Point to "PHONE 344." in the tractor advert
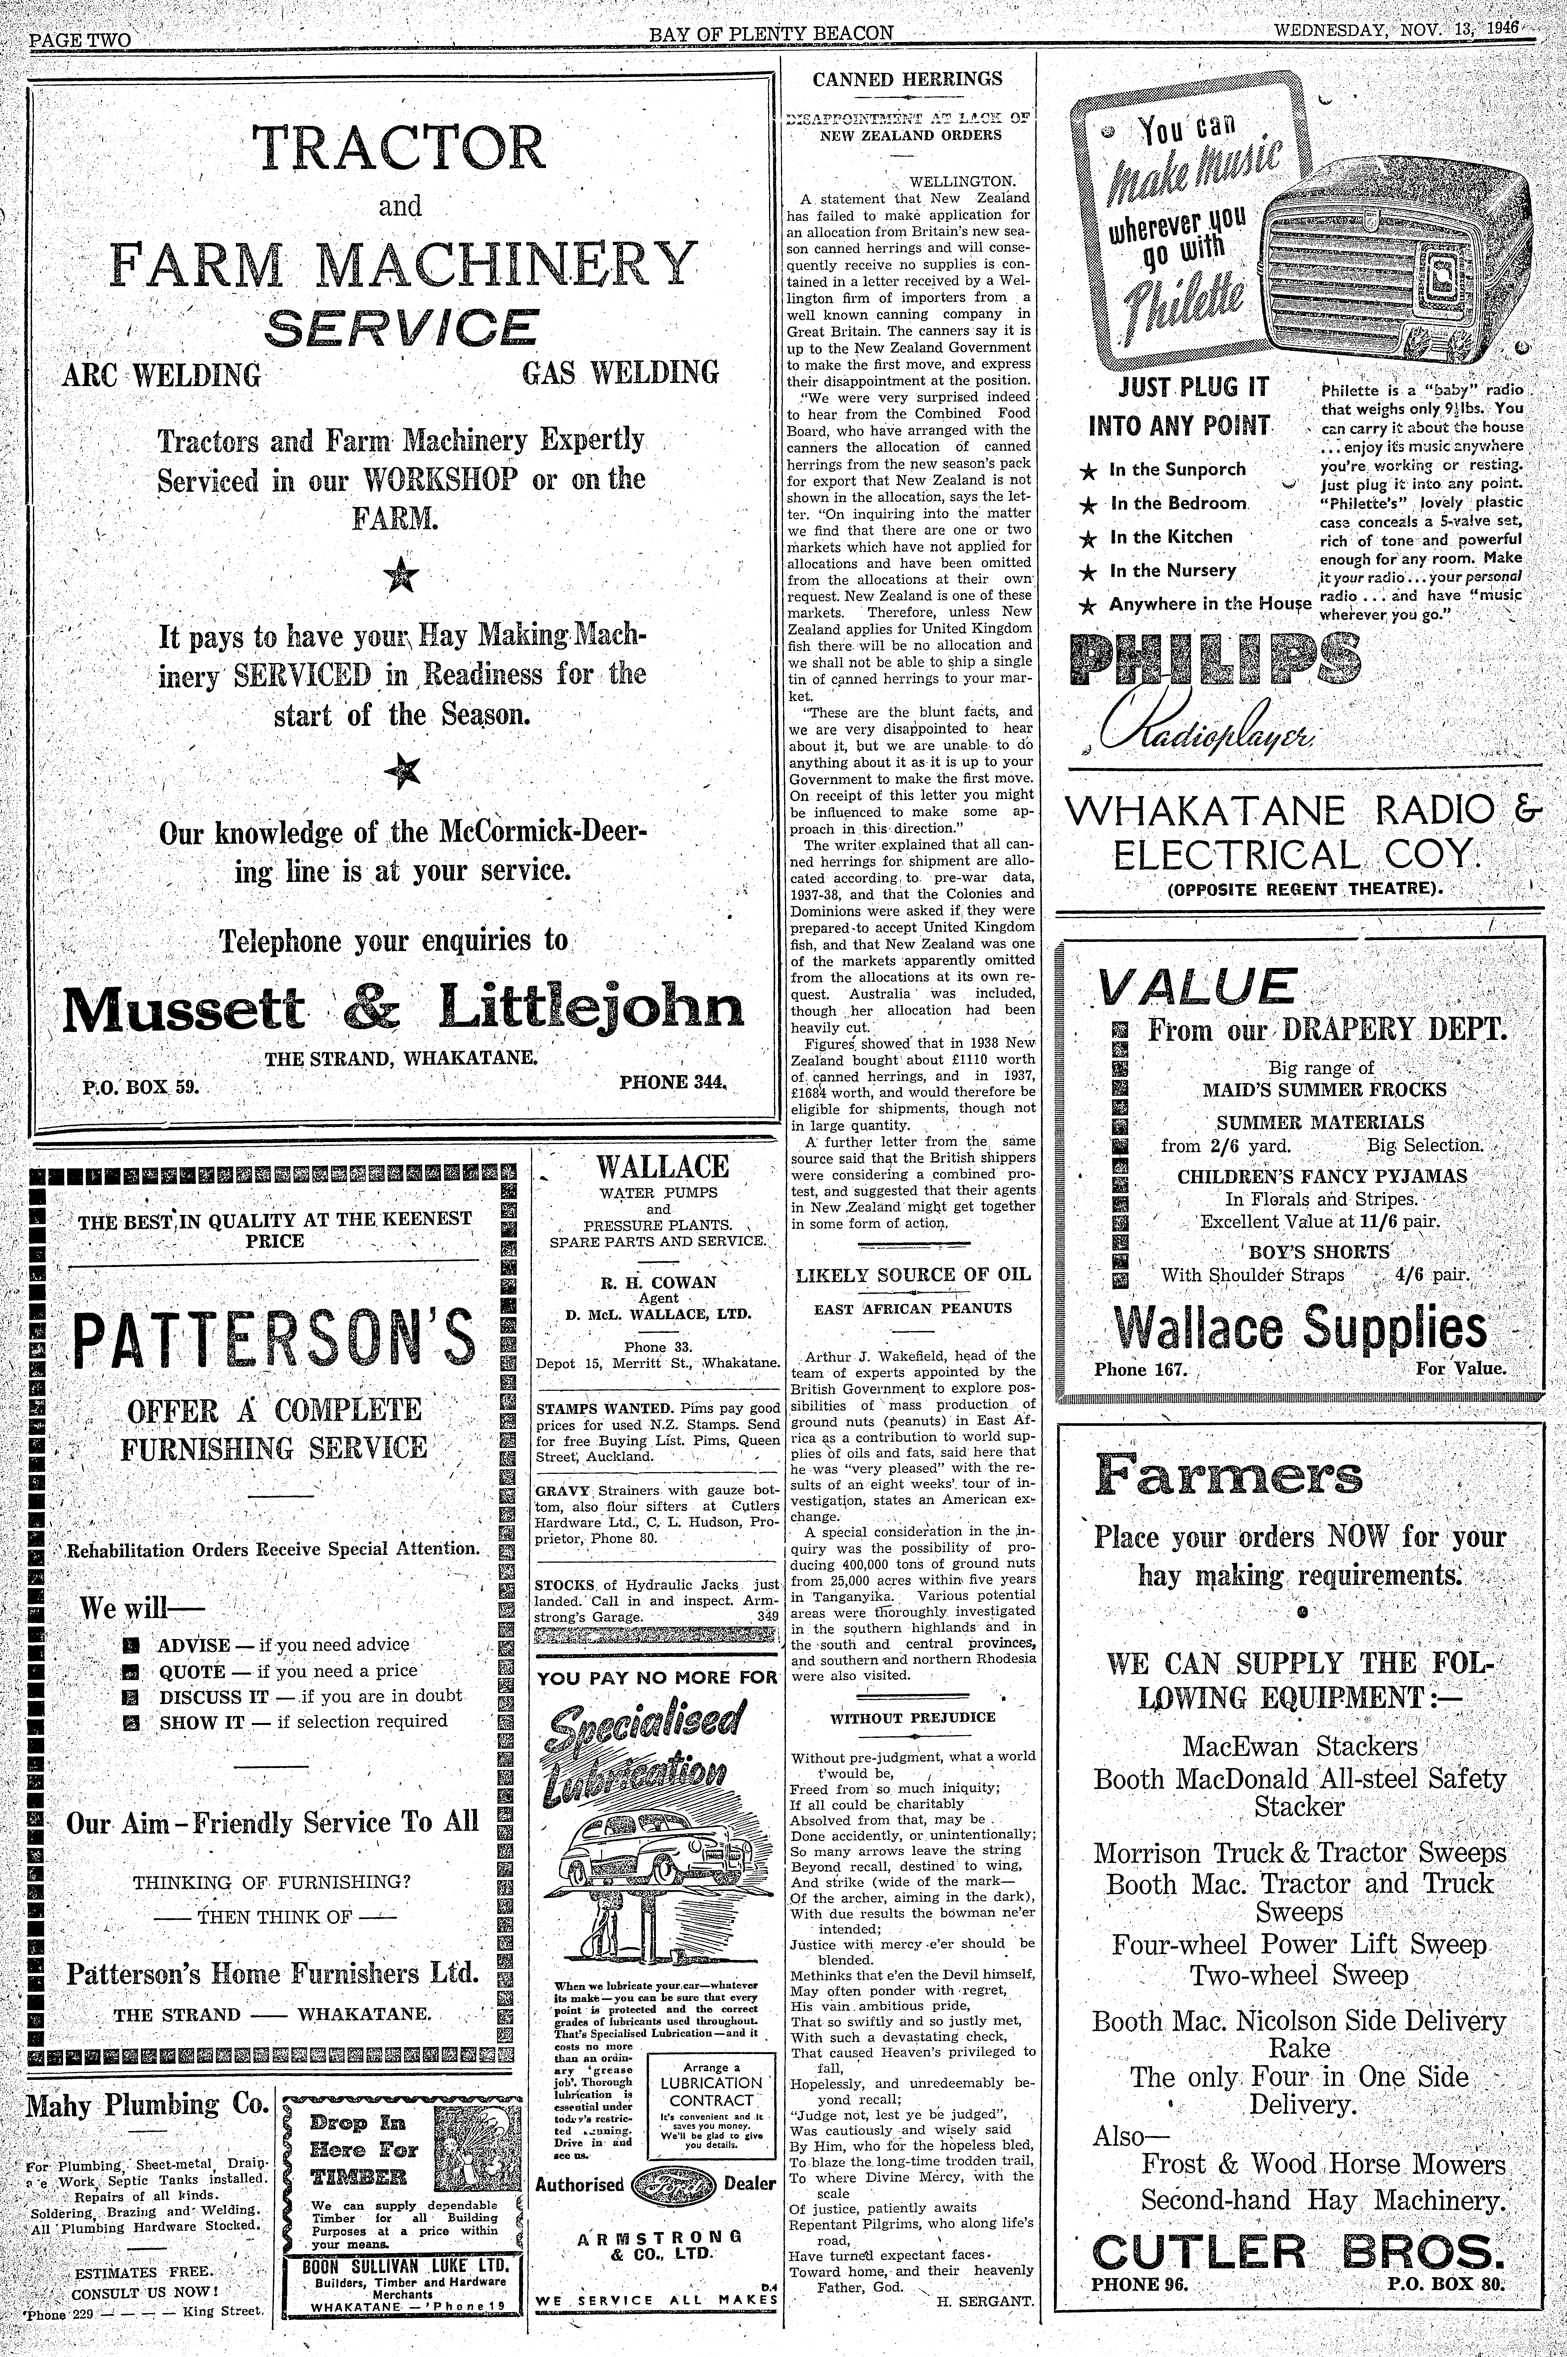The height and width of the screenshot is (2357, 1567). click(x=673, y=1081)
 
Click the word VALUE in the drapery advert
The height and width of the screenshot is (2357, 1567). click(x=1197, y=986)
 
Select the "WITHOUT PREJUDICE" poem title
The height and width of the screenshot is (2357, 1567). click(x=913, y=1717)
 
